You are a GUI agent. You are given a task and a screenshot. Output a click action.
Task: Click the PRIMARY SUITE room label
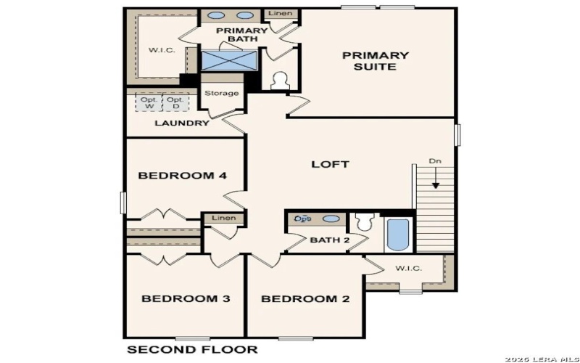point(376,61)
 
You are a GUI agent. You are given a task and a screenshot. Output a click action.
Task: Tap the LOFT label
point(330,164)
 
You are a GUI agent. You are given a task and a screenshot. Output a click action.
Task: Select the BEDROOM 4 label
point(176,176)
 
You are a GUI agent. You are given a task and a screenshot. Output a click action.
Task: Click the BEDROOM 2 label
point(299,298)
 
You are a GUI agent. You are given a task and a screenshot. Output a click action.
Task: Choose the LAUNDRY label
point(182,123)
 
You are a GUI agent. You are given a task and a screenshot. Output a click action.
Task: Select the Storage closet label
point(221,93)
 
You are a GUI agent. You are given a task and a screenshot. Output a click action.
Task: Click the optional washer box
point(149,102)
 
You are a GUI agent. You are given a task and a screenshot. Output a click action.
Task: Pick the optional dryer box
point(174,102)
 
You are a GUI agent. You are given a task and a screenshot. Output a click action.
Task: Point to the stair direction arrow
point(436,179)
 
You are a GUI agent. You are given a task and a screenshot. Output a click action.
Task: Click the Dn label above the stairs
point(434,161)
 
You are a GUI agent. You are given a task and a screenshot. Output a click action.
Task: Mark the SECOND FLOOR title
point(192,349)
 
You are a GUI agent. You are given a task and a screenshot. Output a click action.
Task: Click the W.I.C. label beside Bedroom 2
point(408,269)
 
